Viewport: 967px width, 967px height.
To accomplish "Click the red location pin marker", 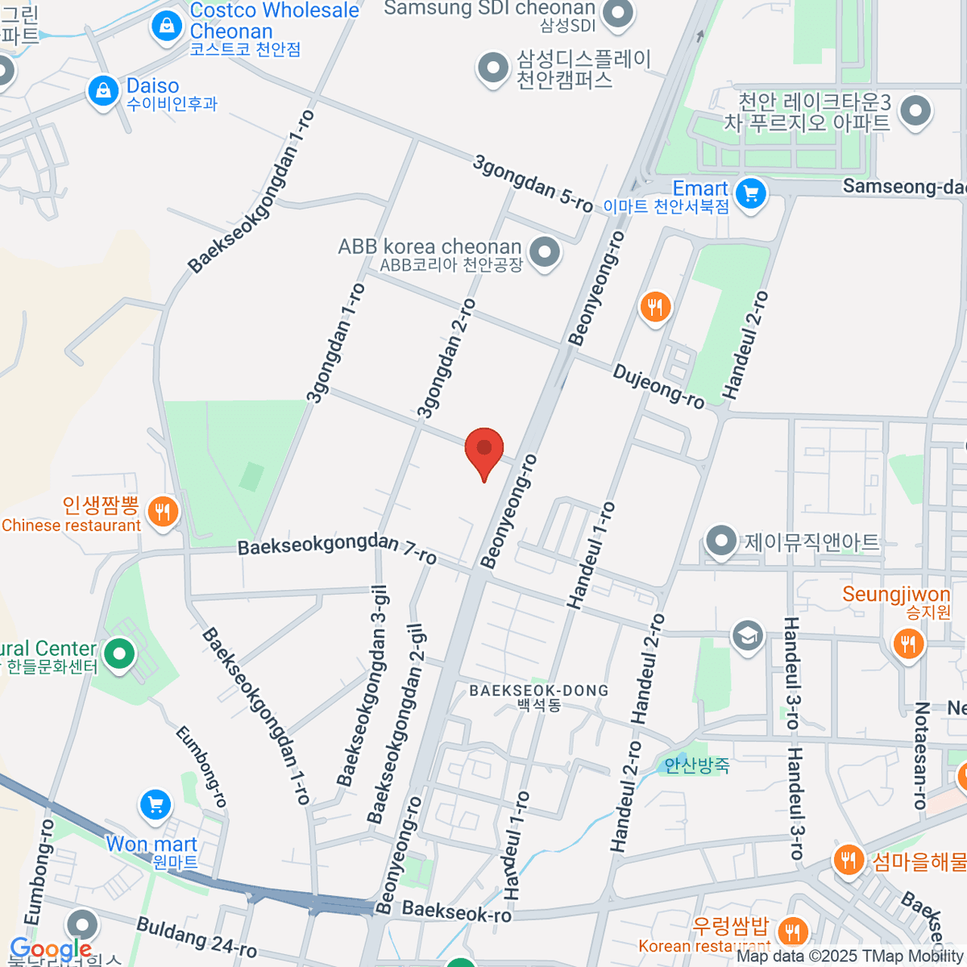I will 484,450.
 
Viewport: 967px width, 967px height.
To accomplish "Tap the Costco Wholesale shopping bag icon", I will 166,26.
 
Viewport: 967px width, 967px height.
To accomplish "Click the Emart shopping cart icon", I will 751,193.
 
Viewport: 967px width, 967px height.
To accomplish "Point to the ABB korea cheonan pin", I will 546,252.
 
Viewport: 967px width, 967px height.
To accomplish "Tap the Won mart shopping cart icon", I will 155,804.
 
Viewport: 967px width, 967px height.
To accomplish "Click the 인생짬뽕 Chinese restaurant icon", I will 164,511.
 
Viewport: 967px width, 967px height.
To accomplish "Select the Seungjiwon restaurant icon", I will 908,644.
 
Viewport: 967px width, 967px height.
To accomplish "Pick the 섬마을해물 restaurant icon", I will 848,861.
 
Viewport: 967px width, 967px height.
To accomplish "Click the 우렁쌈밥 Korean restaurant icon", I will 794,932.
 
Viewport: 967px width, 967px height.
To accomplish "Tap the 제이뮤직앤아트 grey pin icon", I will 720,541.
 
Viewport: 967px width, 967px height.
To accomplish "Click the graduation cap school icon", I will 747,635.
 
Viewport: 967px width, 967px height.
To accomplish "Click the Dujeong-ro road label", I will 658,386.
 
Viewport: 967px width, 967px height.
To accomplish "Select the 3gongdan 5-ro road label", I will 533,185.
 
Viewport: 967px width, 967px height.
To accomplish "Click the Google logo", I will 50,948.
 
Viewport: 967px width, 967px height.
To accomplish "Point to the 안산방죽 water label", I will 697,765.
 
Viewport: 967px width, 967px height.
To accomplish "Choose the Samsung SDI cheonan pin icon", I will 618,15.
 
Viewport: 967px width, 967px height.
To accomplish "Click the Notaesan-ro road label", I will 921,755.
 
